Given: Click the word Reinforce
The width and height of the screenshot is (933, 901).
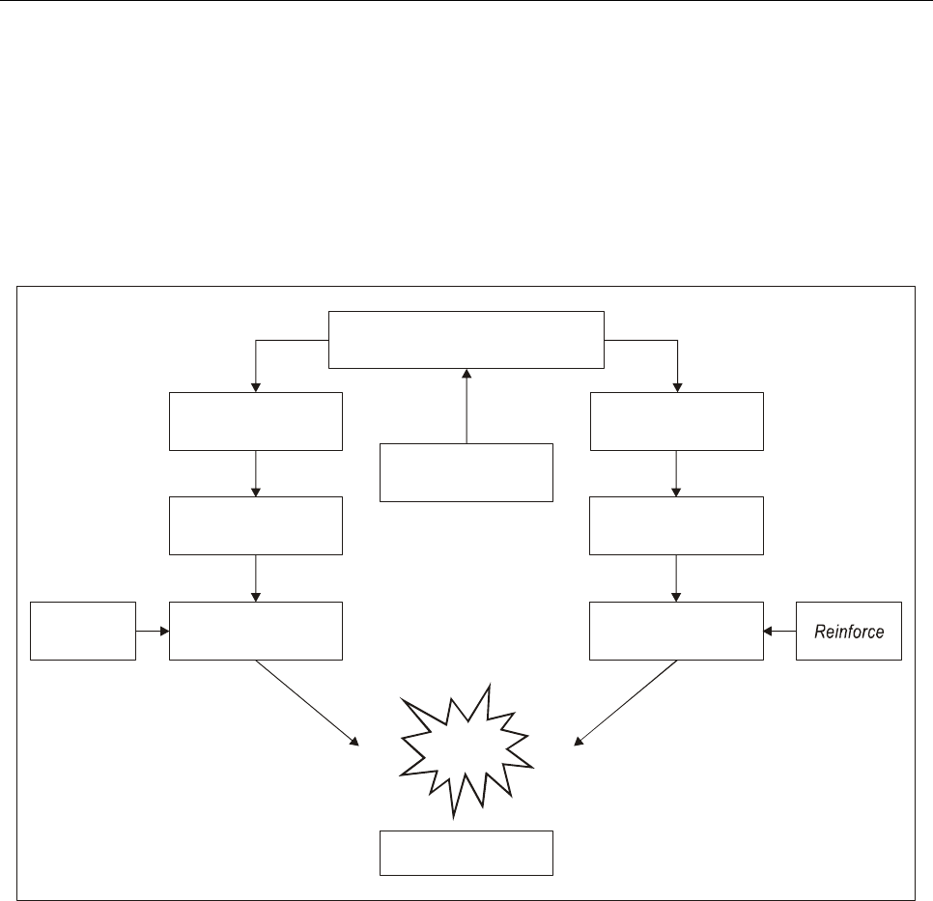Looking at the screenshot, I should (x=848, y=632).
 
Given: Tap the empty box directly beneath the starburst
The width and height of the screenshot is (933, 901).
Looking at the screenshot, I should (x=466, y=852).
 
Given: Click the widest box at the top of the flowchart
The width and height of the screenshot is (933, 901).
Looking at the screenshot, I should (x=466, y=339).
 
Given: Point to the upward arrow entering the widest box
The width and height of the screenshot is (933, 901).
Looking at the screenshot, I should (x=466, y=406).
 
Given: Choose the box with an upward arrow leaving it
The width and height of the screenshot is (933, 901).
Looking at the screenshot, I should (x=466, y=472).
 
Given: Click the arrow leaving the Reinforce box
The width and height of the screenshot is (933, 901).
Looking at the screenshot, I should (x=779, y=632).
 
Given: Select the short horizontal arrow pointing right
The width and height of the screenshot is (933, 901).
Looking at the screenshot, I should (x=153, y=632).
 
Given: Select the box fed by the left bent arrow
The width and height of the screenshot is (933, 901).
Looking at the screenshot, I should (x=256, y=421).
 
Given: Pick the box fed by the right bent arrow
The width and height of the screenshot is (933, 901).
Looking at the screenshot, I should (x=676, y=421).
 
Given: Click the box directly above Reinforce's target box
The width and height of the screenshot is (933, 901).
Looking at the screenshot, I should (x=676, y=525).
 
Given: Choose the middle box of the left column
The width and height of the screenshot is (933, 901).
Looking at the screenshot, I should (x=256, y=525).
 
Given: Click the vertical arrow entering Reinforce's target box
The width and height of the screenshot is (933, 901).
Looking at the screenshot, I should (x=676, y=577).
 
